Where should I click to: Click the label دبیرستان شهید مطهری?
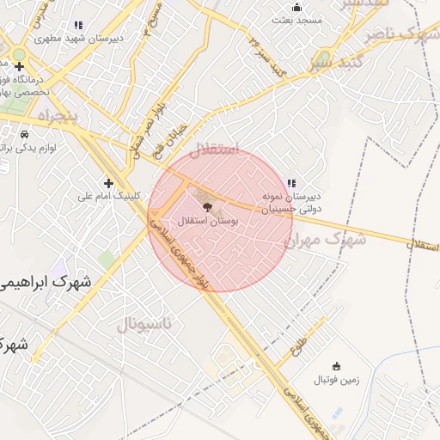[x=78, y=39]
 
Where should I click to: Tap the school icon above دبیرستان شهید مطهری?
[x=79, y=26]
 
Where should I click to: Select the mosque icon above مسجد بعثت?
[x=297, y=7]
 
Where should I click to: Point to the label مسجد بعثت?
[x=297, y=19]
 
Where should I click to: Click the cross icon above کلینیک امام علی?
[x=108, y=182]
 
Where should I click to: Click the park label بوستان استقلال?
[x=209, y=222]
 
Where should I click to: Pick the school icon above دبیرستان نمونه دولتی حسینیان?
[x=292, y=182]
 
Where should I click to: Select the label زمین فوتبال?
[x=335, y=379]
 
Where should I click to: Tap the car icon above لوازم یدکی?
[x=24, y=135]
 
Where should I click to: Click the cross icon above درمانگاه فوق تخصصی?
[x=19, y=66]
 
